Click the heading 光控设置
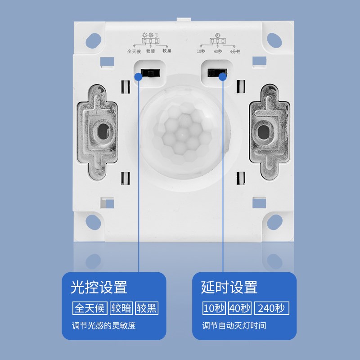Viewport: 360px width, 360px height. coord(99,287)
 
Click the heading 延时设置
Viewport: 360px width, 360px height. coord(229,287)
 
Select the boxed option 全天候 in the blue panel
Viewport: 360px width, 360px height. coord(90,308)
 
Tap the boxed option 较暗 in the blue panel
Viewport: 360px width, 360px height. coord(121,308)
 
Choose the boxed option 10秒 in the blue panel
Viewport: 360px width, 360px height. coord(214,308)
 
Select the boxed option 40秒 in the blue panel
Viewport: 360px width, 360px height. coord(240,308)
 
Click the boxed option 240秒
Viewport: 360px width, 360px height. coord(272,308)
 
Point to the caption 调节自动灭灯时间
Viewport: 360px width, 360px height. coord(234,325)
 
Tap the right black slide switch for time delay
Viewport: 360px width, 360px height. coord(217,72)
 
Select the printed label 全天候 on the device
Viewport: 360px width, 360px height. coord(135,51)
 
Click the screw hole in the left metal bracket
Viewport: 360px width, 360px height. coord(102,132)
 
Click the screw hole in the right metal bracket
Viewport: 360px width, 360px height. coord(262,132)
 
